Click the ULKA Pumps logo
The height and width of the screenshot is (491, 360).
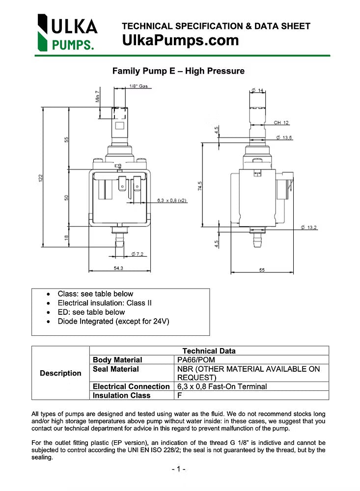tap(67, 32)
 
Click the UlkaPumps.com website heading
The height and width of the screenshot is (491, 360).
tap(180, 40)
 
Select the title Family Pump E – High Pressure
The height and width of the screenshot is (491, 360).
tap(178, 71)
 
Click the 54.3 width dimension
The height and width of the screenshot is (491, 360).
tap(118, 268)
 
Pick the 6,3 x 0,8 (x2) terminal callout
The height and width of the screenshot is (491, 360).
tap(171, 200)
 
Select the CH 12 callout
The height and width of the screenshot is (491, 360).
tap(281, 123)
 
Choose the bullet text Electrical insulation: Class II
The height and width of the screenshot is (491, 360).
tap(105, 303)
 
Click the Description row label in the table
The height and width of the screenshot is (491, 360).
tap(60, 373)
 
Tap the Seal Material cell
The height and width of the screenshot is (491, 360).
tap(116, 369)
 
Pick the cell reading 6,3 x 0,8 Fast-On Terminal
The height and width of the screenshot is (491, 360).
tap(222, 386)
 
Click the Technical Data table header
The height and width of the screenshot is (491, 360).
tap(209, 351)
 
